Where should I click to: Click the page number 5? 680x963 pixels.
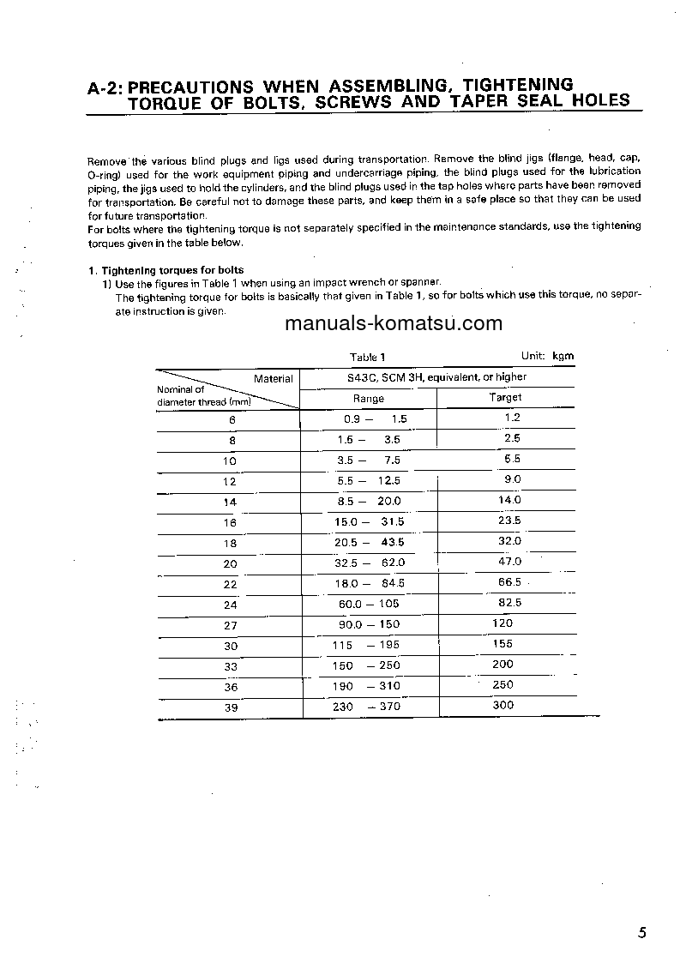pyautogui.click(x=643, y=934)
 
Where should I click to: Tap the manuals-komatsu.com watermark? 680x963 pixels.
pyautogui.click(x=393, y=323)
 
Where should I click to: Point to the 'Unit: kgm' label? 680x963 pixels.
pyautogui.click(x=547, y=355)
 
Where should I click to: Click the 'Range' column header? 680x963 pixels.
pyautogui.click(x=369, y=398)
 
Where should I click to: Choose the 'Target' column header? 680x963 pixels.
pyautogui.click(x=505, y=397)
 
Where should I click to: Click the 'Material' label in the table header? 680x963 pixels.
pyautogui.click(x=273, y=378)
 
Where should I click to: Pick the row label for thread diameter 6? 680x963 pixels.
pyautogui.click(x=232, y=420)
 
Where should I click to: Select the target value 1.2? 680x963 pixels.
pyautogui.click(x=512, y=418)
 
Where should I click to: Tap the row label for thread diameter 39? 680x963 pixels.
pyautogui.click(x=231, y=708)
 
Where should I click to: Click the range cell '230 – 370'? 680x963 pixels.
pyautogui.click(x=366, y=707)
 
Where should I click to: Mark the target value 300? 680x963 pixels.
pyautogui.click(x=503, y=705)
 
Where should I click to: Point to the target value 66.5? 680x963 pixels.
pyautogui.click(x=509, y=582)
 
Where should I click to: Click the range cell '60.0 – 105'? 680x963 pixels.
pyautogui.click(x=368, y=604)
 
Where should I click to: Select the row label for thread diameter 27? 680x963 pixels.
pyautogui.click(x=231, y=626)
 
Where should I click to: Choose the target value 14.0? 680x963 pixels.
pyautogui.click(x=509, y=500)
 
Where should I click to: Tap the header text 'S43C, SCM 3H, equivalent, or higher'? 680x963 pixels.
pyautogui.click(x=424, y=376)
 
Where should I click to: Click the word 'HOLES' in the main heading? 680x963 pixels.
pyautogui.click(x=594, y=100)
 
